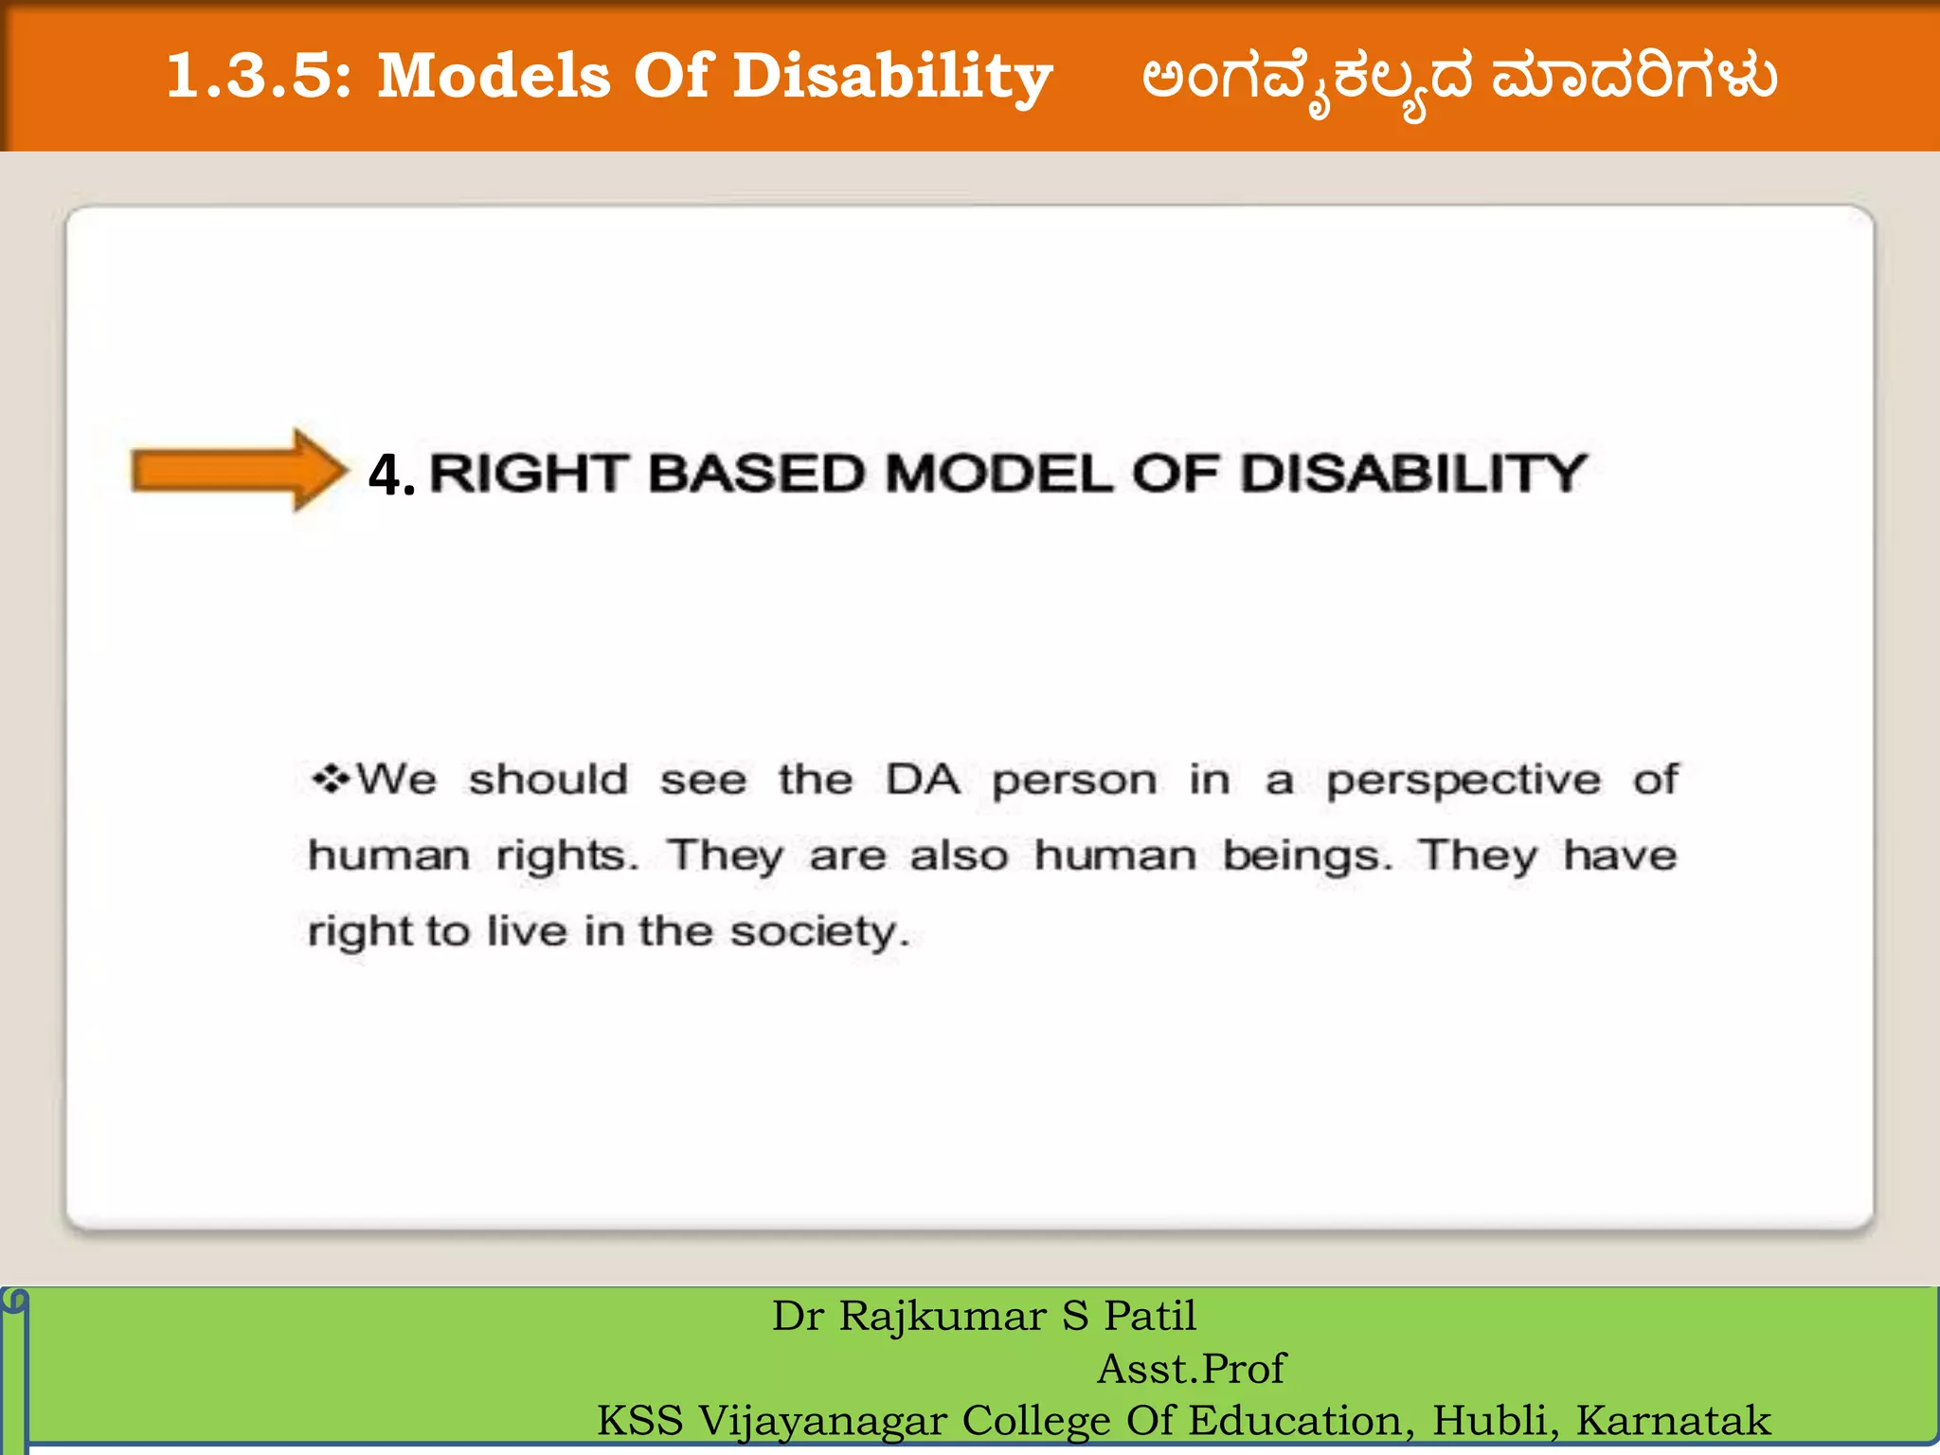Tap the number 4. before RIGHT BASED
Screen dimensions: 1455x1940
tap(391, 475)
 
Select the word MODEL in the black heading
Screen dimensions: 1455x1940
tap(998, 473)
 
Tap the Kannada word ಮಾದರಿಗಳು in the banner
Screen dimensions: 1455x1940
tap(1634, 78)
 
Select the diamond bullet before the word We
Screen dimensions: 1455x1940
tap(331, 780)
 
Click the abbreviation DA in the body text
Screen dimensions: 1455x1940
tap(923, 780)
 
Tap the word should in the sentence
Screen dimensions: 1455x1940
tap(548, 780)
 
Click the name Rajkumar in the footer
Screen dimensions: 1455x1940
tap(943, 1317)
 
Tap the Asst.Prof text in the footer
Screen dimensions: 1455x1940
tap(1191, 1369)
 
